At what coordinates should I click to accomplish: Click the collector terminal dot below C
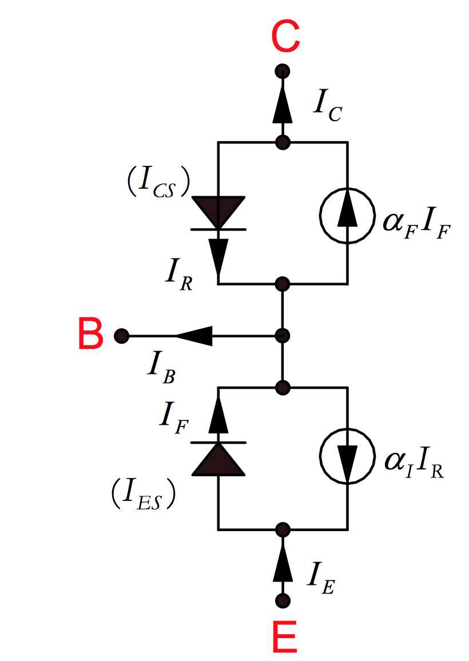pyautogui.click(x=282, y=71)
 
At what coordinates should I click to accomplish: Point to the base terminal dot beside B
pyautogui.click(x=121, y=336)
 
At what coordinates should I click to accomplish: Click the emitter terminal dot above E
pyautogui.click(x=282, y=600)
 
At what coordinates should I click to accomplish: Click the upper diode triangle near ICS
pyautogui.click(x=218, y=212)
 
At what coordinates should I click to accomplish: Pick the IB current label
pyautogui.click(x=161, y=366)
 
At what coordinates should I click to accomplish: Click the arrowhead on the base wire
pyautogui.click(x=194, y=336)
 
